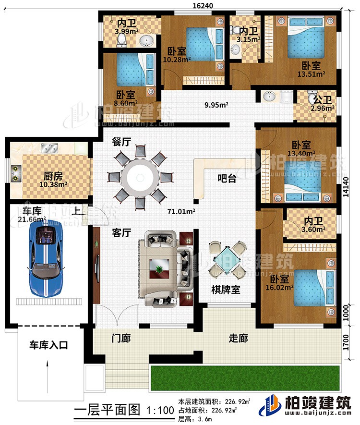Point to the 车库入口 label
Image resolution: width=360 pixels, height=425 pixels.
click(x=48, y=345)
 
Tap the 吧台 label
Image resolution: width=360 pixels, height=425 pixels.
click(x=227, y=179)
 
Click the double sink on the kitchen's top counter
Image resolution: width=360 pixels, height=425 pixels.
click(x=50, y=148)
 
